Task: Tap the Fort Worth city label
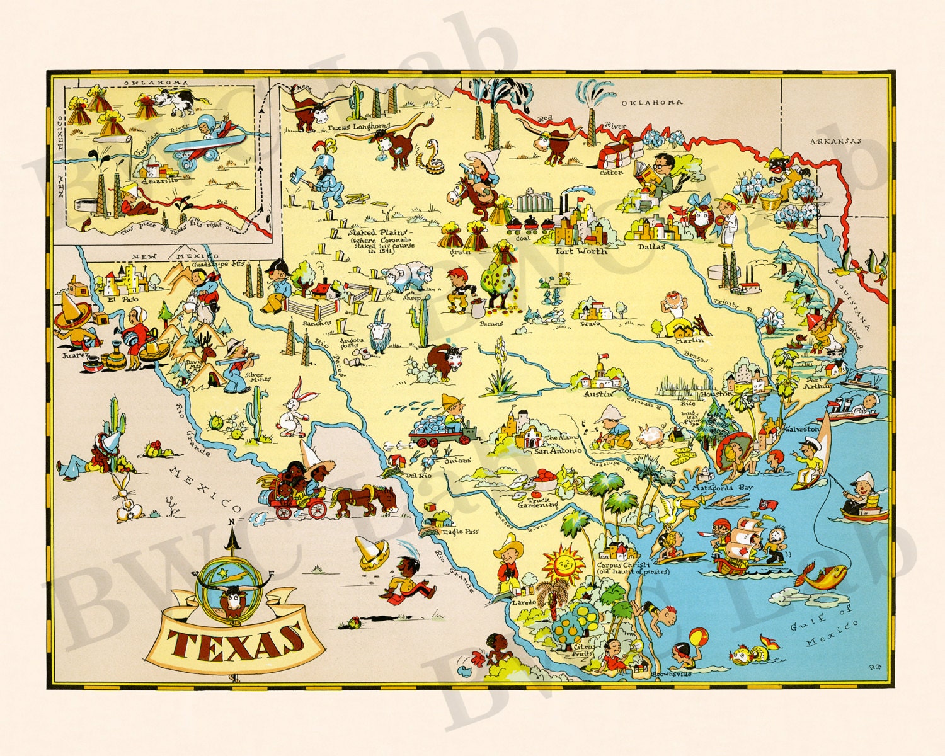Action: tap(580, 251)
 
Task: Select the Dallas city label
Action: tap(651, 247)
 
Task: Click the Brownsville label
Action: tap(672, 673)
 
